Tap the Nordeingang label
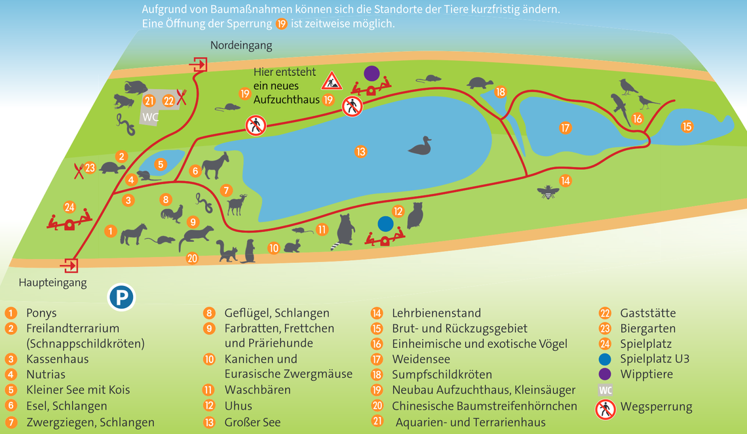coord(240,45)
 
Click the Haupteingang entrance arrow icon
coord(69,266)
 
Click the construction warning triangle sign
coord(332,81)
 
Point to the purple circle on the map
coord(372,73)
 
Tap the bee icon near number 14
coord(546,191)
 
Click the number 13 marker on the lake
coord(360,152)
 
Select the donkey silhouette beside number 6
coord(215,165)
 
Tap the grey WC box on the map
coord(151,117)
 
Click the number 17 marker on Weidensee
coord(565,128)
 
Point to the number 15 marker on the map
coord(687,127)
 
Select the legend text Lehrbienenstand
coord(436,313)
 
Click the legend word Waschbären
coord(257,390)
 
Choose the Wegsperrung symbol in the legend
coord(605,410)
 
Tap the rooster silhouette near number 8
coord(172,214)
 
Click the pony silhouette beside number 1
coord(134,234)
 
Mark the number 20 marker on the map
coord(191,258)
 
